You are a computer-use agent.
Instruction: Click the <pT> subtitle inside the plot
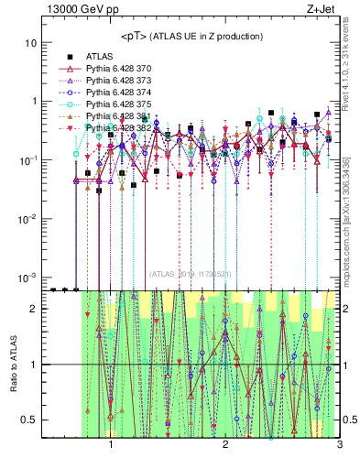pos(191,36)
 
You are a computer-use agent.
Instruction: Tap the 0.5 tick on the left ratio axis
pos(28,420)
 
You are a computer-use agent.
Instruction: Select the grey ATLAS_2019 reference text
pos(191,274)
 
